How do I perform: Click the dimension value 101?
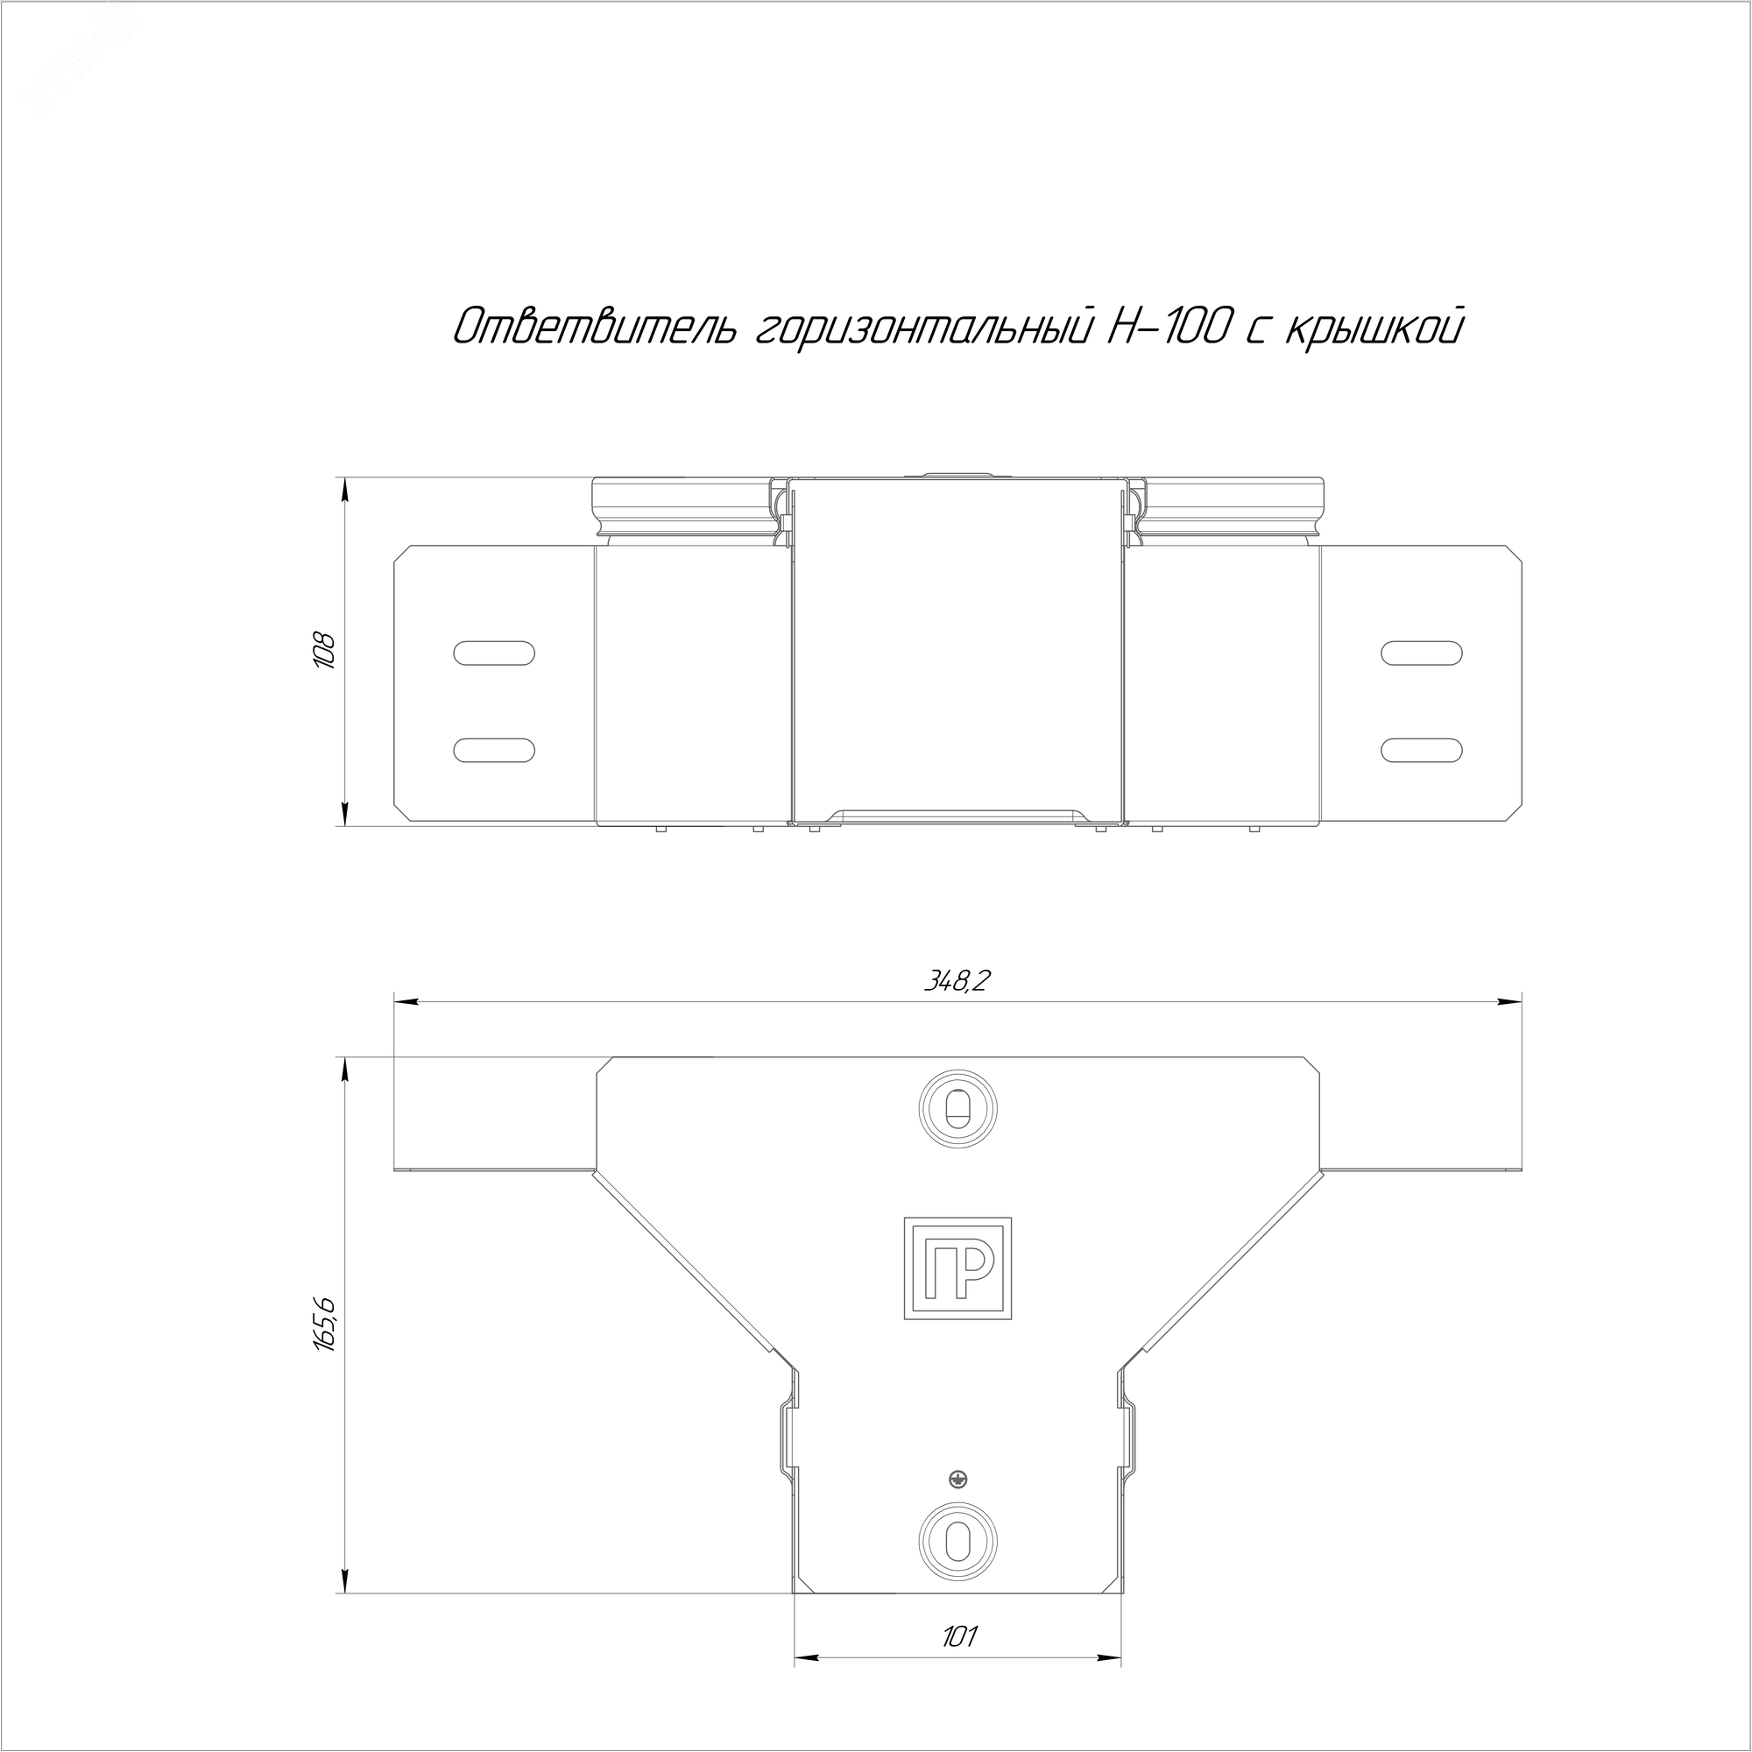(958, 1637)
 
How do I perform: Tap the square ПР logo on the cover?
(957, 1268)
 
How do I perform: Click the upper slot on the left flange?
(493, 653)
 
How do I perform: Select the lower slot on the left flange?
(493, 749)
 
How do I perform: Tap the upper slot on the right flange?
(1421, 653)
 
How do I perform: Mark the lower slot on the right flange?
(1421, 749)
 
